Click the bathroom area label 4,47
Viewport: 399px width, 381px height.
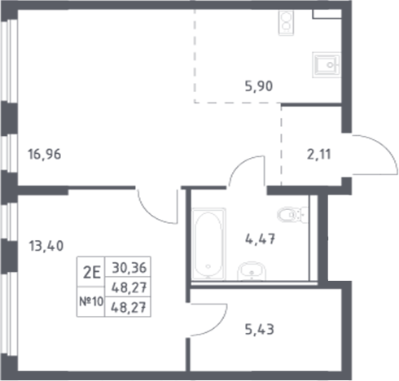[259, 239]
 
